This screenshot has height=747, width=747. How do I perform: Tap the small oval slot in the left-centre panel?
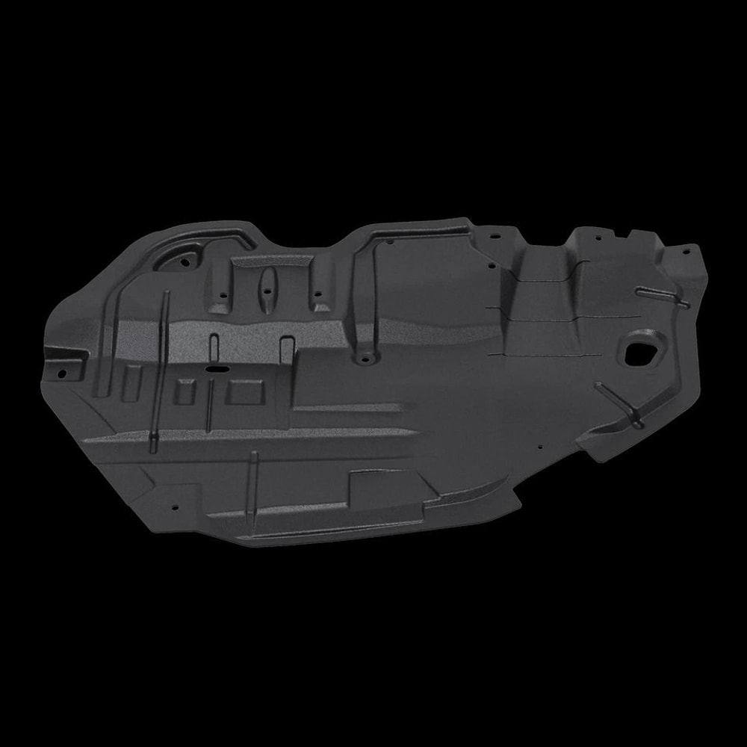217,368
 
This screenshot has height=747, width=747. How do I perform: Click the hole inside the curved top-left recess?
184,263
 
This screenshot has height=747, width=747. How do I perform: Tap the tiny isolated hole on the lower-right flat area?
540,448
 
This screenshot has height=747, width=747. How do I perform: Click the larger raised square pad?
246,391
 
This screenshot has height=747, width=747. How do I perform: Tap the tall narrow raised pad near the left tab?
132,383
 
